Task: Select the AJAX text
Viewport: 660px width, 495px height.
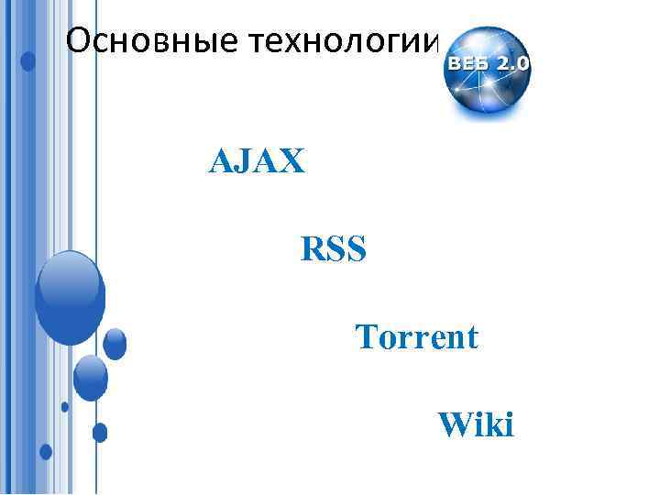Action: pos(258,163)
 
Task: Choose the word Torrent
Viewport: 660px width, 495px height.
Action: pos(417,337)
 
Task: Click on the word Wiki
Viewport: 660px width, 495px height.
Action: pos(477,424)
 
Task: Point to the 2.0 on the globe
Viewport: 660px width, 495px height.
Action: pos(512,64)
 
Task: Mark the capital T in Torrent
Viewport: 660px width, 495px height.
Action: pos(366,337)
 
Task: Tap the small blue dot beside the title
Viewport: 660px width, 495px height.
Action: pos(28,61)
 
